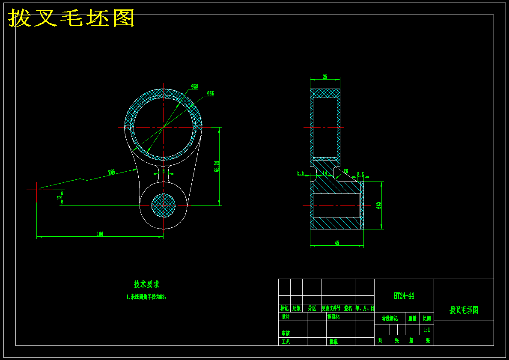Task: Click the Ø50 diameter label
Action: click(195, 86)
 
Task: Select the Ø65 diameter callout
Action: click(210, 93)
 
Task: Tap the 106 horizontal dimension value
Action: click(100, 234)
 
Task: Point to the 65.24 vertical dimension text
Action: click(217, 167)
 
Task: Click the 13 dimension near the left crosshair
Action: click(59, 198)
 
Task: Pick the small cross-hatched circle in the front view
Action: click(164, 205)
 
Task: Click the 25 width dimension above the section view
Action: click(325, 77)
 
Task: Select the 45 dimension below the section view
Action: click(337, 243)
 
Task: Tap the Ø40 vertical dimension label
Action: click(378, 205)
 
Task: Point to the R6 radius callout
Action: click(346, 171)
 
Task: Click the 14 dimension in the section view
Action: click(325, 173)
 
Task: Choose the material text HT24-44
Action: click(404, 296)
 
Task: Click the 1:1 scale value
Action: click(427, 330)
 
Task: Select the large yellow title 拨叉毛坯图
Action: click(72, 18)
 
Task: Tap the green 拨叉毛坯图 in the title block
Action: click(464, 310)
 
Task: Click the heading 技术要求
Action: click(146, 284)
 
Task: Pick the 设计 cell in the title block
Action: click(286, 317)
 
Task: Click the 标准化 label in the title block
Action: click(333, 317)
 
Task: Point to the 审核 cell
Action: click(286, 333)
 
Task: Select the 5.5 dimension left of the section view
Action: click(300, 173)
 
